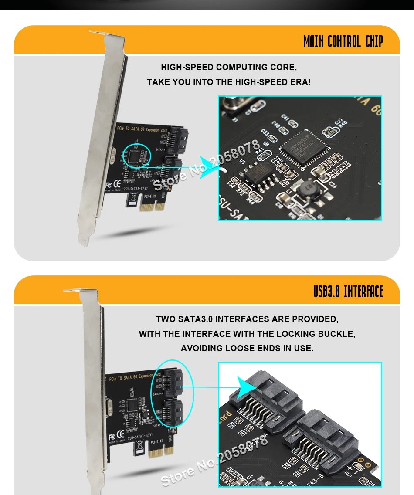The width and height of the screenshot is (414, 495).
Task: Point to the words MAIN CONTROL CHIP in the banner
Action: [x=343, y=42]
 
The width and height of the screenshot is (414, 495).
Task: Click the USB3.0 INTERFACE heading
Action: [x=348, y=291]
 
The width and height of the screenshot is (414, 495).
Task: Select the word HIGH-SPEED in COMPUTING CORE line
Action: [x=187, y=67]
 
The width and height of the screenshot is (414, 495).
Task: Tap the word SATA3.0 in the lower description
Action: [x=195, y=319]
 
